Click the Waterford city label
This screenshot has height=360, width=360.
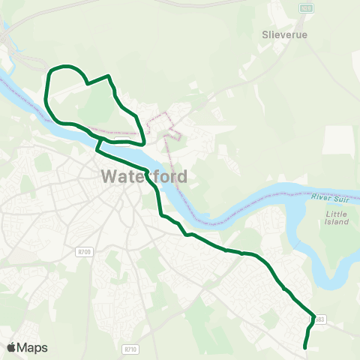point(142,178)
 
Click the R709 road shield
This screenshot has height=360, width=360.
point(83,252)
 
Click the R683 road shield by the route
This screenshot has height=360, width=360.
point(319,319)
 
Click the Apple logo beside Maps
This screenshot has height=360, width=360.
point(12,347)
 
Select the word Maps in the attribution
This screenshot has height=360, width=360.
point(33,347)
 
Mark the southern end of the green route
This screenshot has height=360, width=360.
point(304,347)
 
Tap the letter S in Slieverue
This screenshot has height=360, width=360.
point(265,34)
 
